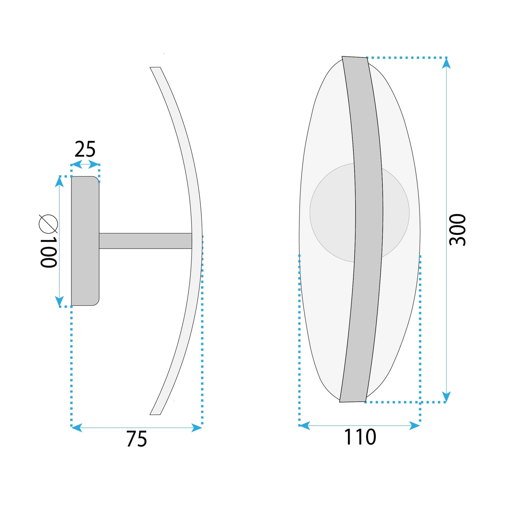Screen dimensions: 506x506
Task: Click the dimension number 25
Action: point(85,149)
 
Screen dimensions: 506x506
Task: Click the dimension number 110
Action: point(360,437)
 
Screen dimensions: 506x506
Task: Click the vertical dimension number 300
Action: point(457,230)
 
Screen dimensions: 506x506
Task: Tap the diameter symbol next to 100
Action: point(48,224)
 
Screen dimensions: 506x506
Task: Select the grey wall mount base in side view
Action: point(85,241)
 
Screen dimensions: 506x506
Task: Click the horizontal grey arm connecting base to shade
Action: point(145,241)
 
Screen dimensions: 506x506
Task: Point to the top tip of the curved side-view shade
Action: point(155,68)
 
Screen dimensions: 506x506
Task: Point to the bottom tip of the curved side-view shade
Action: point(155,414)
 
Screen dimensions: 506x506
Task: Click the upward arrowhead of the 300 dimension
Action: point(446,64)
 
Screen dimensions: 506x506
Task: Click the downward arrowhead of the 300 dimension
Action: point(446,396)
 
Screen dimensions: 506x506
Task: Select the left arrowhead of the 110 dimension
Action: point(304,426)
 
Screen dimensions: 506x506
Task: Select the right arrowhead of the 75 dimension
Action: point(196,428)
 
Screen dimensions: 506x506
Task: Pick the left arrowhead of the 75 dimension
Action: point(77,428)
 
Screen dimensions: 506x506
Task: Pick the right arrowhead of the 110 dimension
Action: point(414,426)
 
